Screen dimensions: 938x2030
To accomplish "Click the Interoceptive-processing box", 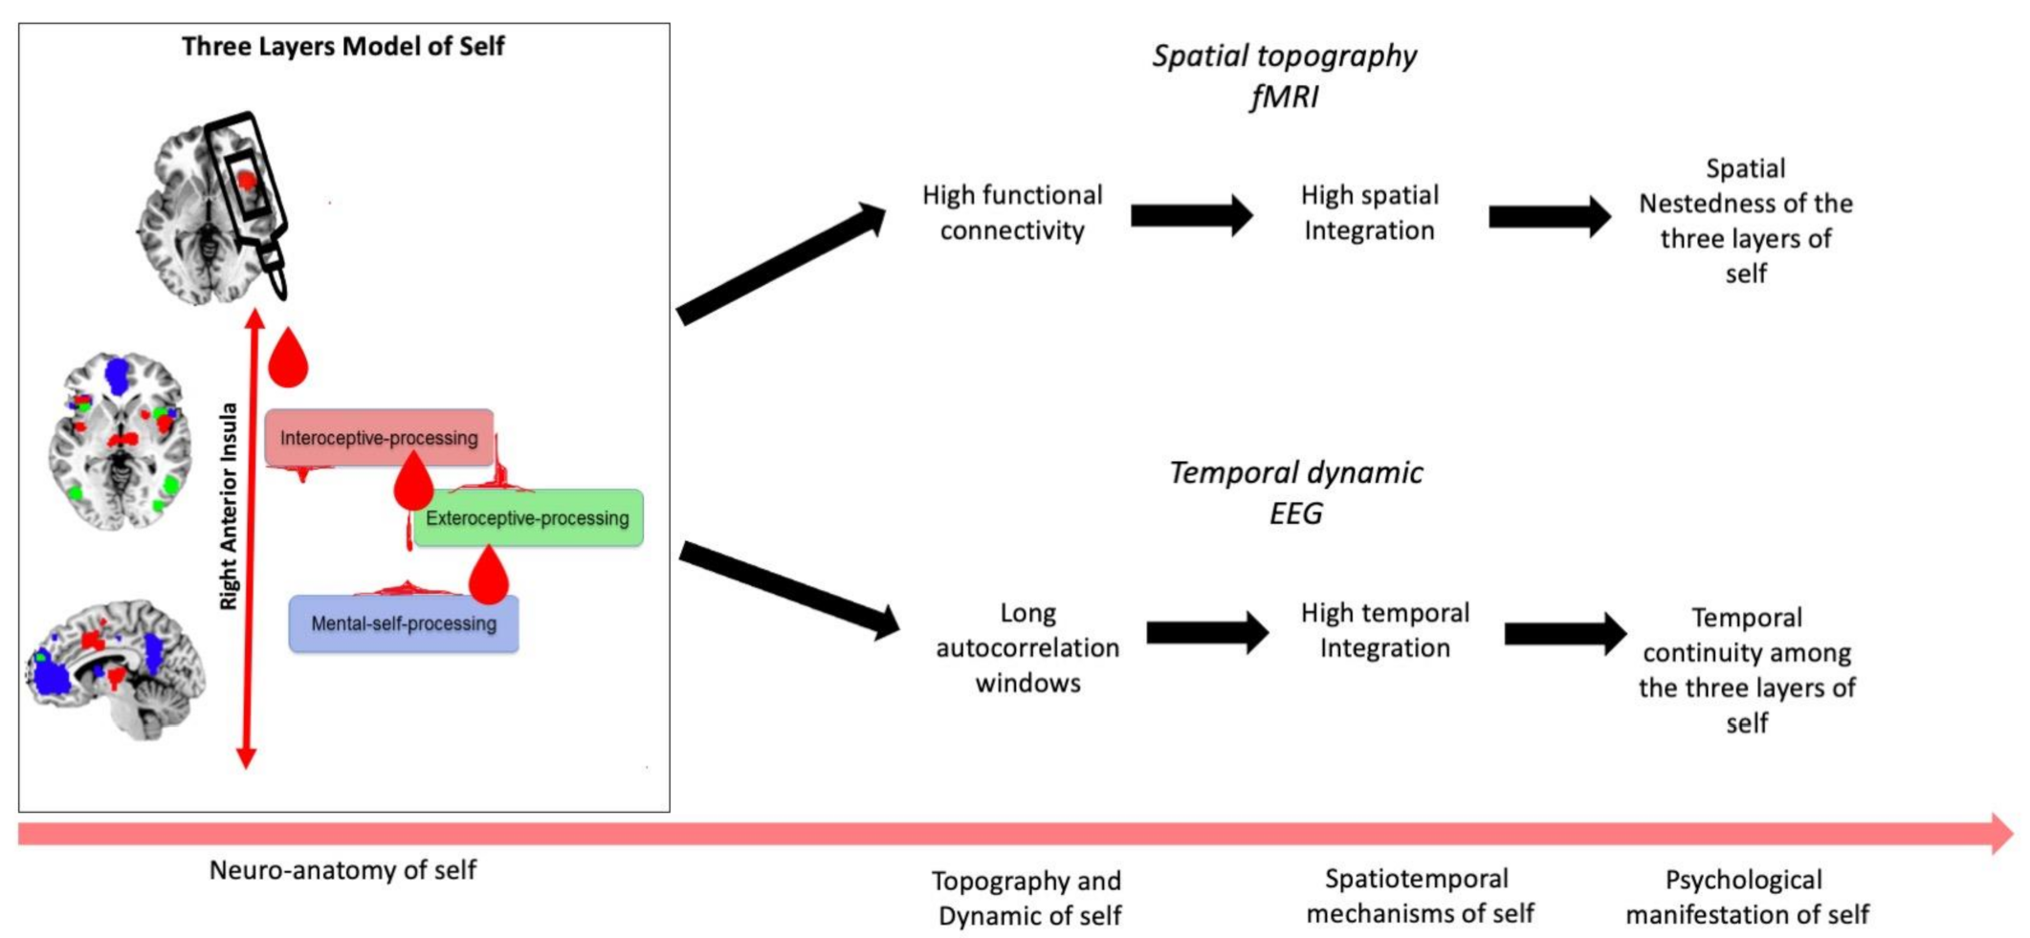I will tap(379, 438).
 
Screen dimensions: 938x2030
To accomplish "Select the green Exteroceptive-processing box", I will tap(528, 518).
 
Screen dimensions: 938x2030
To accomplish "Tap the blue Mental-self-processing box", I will tap(404, 623).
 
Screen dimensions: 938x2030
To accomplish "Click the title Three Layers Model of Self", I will tap(342, 46).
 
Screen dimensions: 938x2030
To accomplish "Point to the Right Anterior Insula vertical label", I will tap(229, 507).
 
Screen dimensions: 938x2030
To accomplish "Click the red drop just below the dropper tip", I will tap(288, 360).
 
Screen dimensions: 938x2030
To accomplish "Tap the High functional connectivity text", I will tap(1012, 212).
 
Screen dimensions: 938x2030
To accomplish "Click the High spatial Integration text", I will tap(1369, 212).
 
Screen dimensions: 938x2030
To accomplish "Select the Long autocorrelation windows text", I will tap(1027, 647).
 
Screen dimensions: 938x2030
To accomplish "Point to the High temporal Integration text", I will tap(1384, 630).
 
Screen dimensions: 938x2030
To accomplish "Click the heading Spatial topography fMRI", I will tap(1284, 76).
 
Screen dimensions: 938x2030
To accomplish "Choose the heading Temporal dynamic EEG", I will tap(1295, 492).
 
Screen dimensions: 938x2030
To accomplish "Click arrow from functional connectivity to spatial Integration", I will tap(1191, 215).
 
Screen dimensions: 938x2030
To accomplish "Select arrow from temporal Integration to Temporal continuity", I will tap(1565, 633).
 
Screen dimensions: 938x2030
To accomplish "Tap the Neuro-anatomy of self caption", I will tap(342, 870).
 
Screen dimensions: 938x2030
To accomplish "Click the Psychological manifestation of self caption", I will tap(1747, 897).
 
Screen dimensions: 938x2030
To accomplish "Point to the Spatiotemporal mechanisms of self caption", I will tap(1419, 896).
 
